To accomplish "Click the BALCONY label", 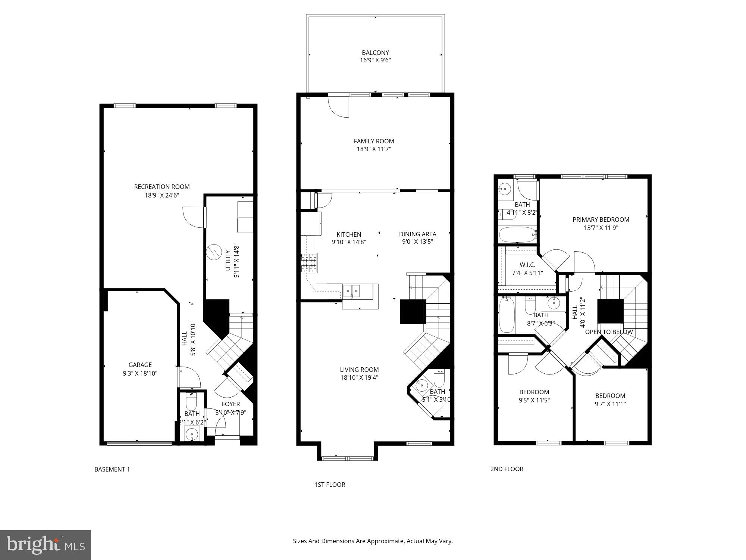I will coord(375,53).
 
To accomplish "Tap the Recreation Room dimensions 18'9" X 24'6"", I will coord(162,195).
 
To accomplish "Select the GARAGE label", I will coord(140,365).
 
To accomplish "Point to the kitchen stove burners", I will coord(309,263).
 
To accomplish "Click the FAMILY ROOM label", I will coord(374,141).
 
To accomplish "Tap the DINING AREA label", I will coord(417,234).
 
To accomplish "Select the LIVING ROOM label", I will coord(359,370).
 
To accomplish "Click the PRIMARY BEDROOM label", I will coord(601,220).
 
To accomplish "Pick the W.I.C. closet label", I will coord(527,265).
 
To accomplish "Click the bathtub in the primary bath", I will coord(517,235).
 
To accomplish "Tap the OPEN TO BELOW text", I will coord(609,332).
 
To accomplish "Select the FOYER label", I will coord(231,404).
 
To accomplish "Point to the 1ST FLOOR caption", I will coord(330,485).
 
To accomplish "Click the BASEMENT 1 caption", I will coord(112,469).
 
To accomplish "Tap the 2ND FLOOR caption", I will coord(507,469).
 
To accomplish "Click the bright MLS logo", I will coord(46,545).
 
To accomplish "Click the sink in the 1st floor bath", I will coord(422,385).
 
